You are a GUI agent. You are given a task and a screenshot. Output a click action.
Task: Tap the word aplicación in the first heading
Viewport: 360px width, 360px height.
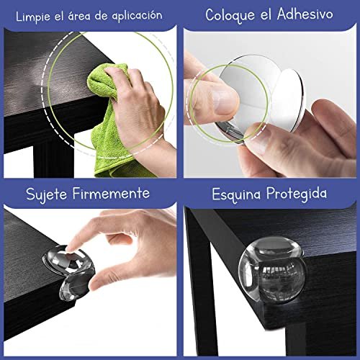[137, 16]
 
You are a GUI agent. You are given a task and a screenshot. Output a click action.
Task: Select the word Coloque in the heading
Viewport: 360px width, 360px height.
[230, 16]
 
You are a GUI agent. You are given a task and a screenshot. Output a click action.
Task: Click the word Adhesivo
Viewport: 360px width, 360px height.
[305, 14]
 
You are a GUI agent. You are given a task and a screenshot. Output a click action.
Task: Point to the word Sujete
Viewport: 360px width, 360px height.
[46, 194]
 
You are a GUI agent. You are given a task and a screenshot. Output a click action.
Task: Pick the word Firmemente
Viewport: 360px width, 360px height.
[111, 193]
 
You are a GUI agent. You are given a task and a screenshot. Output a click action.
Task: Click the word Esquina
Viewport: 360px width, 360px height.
[236, 195]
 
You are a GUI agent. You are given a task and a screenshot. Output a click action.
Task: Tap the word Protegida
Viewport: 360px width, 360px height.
[297, 194]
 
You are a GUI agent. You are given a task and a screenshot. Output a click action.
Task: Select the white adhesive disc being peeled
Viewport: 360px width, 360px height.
[287, 99]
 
